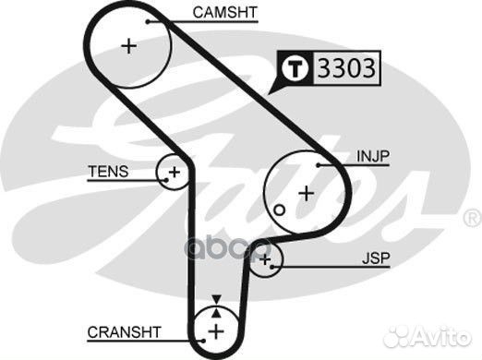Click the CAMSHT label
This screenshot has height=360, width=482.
[225, 13]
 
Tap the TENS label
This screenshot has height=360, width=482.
[108, 172]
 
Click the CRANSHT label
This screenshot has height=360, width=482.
[125, 331]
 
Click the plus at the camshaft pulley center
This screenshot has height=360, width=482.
[128, 45]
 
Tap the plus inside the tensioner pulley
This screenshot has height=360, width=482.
[173, 172]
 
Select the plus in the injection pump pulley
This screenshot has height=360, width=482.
[306, 193]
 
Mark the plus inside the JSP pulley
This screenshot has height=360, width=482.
[266, 262]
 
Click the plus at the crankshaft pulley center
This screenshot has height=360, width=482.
[215, 330]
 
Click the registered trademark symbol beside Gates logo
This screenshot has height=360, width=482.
[470, 219]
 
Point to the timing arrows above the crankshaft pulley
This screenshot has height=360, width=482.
[215, 302]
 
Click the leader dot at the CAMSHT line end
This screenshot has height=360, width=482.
[147, 18]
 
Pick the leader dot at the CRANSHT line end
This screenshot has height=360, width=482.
[195, 331]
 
